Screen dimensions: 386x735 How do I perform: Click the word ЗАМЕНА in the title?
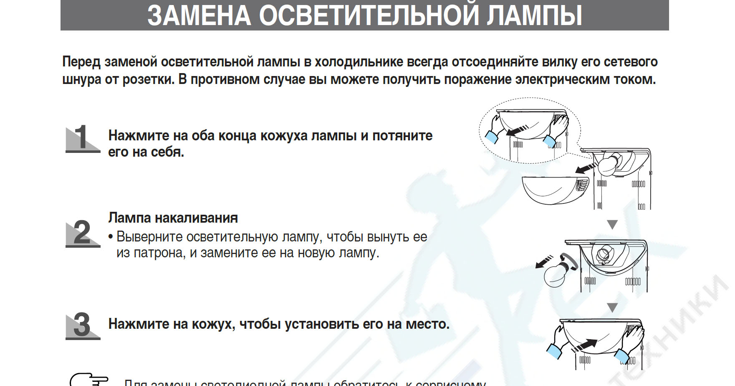199,15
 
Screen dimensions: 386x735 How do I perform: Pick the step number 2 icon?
82,233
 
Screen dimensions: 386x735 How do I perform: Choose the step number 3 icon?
82,325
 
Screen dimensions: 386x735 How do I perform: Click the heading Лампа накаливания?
173,218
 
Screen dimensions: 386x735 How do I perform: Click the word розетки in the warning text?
148,79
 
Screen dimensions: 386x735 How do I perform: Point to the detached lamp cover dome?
553,190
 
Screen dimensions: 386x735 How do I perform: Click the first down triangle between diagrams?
612,225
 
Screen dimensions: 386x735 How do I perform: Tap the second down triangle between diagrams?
612,308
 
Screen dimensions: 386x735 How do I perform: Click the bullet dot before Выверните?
111,237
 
